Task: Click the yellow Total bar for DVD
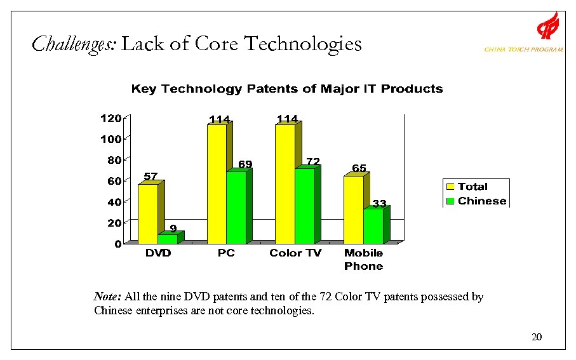pos(148,213)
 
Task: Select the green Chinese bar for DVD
pos(168,239)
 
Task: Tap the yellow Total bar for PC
pos(217,183)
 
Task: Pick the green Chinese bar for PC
pos(236,208)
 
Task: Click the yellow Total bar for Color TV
pos(285,183)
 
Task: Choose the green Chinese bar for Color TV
pos(304,206)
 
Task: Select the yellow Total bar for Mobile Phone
pos(354,210)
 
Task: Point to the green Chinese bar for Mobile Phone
pos(373,226)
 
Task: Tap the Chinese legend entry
pos(476,201)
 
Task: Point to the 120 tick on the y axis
pos(110,118)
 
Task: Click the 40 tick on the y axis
pos(114,202)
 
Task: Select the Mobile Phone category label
pos(363,259)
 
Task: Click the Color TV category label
pos(295,253)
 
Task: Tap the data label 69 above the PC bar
pos(245,164)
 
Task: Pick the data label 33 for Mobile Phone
pos(379,204)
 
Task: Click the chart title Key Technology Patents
pos(286,89)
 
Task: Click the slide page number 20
pos(537,337)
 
